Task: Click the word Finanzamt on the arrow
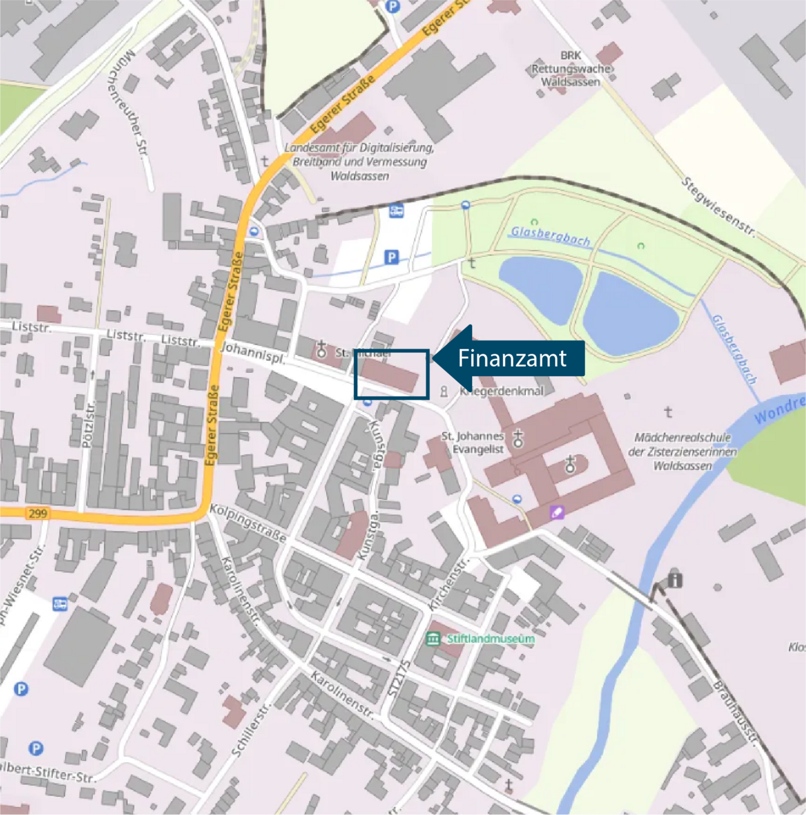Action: (512, 358)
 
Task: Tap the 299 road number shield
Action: (37, 514)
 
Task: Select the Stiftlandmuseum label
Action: (491, 639)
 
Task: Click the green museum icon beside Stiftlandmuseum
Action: (433, 639)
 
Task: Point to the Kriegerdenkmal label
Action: (502, 391)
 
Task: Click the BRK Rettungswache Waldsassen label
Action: (570, 69)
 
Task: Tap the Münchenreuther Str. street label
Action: (134, 104)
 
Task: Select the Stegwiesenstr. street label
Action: (718, 206)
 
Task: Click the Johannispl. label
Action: (253, 353)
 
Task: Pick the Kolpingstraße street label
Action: (248, 523)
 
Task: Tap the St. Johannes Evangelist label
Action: (472, 442)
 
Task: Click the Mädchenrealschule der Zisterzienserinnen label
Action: (683, 451)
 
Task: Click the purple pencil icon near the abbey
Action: (557, 512)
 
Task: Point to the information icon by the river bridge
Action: (674, 579)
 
